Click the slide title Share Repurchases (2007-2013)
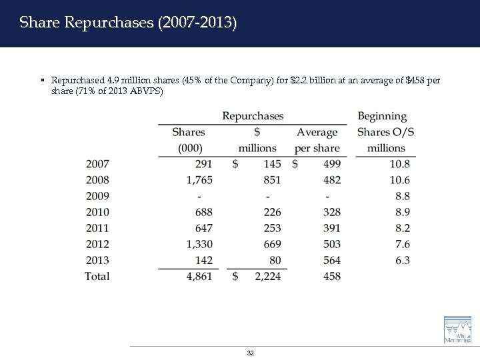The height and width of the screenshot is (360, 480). tap(127, 23)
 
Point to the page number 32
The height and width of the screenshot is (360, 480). tap(250, 352)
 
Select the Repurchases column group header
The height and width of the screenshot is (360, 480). tap(253, 116)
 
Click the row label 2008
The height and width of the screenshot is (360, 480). tap(97, 180)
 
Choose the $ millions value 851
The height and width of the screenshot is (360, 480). tap(271, 180)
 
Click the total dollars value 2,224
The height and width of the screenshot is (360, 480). tap(268, 276)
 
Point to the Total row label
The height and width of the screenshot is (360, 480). tap(97, 276)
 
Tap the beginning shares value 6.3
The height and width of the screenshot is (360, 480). tap(402, 260)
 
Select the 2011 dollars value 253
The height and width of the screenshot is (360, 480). tap(271, 228)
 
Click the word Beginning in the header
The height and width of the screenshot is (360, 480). tap(382, 116)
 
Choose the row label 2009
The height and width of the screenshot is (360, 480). tap(97, 196)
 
